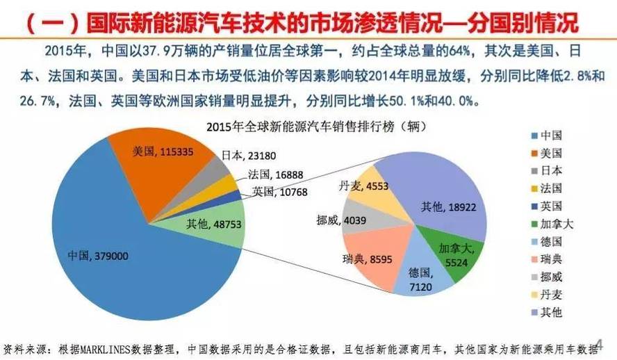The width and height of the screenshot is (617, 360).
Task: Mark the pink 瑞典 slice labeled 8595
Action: (375, 261)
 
